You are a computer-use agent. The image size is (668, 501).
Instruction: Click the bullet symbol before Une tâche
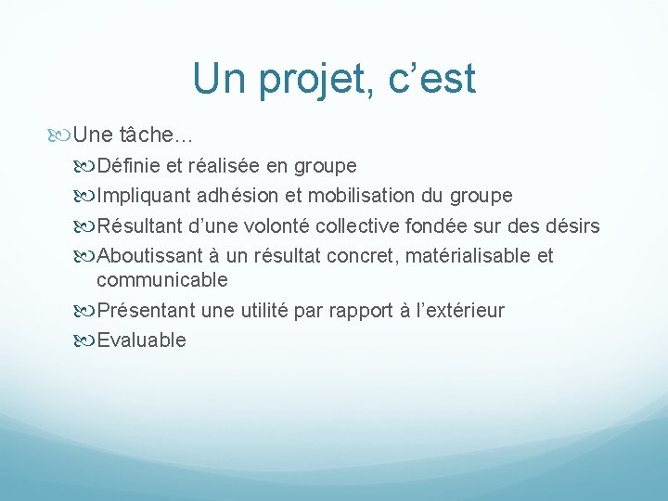60,135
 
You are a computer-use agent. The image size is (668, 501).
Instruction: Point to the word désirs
573,226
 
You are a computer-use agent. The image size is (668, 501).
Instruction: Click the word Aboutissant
148,256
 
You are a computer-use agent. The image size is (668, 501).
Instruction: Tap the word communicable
161,280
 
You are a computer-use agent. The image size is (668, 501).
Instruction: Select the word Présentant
146,311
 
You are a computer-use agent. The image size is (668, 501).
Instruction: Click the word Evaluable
141,340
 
